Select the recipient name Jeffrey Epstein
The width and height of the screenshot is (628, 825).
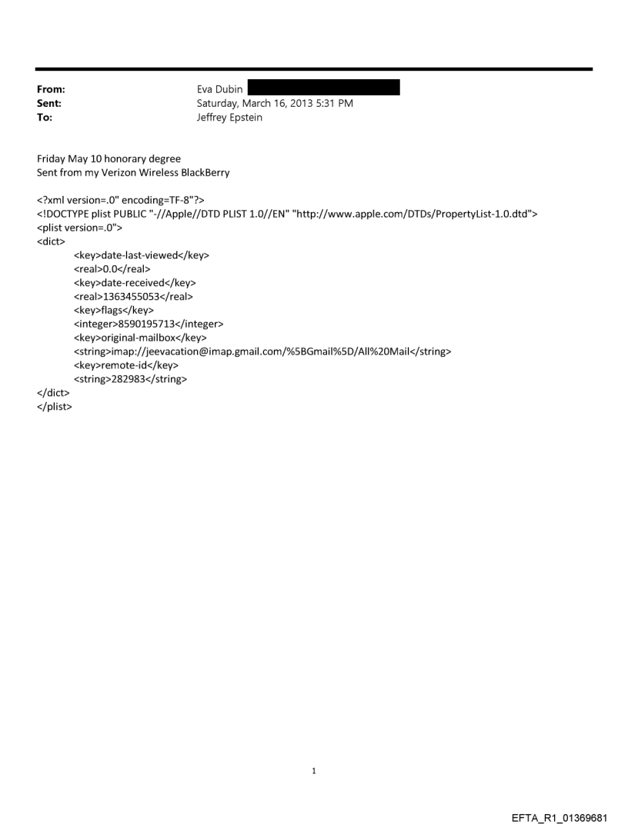click(x=229, y=117)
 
